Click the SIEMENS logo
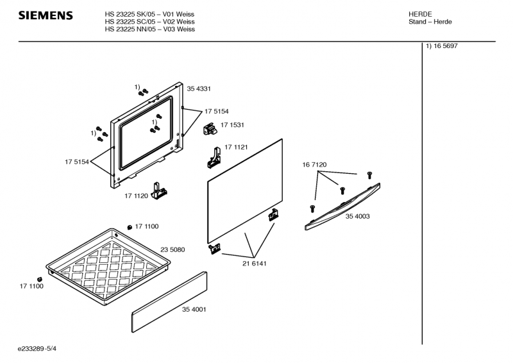point(45,15)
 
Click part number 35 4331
point(199,88)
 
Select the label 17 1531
point(232,125)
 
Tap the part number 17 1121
point(237,148)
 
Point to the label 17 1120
point(137,195)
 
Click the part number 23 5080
point(172,249)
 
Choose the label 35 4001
point(194,310)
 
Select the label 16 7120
point(315,165)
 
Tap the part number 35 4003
point(358,217)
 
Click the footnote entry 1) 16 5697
point(441,47)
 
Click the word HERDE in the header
point(420,13)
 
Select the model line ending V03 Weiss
point(149,29)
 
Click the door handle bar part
point(344,205)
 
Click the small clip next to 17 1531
point(209,129)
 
